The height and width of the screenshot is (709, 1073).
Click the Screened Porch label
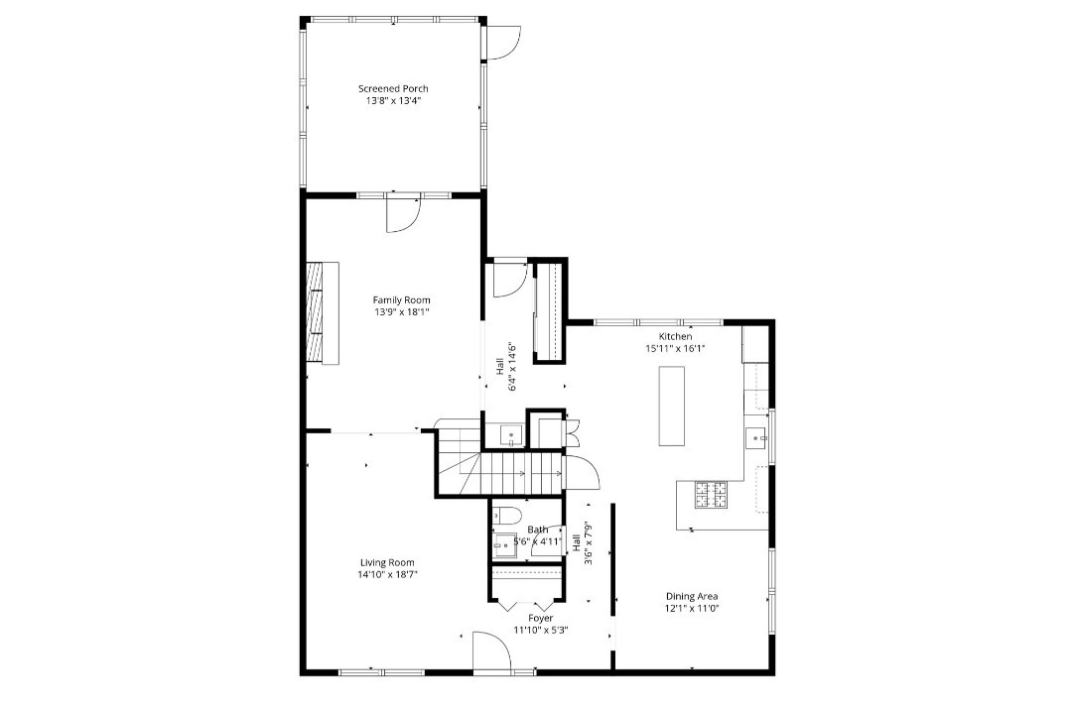point(394,88)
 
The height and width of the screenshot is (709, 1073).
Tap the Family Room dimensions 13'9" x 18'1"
point(402,312)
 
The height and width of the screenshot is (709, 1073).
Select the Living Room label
point(387,562)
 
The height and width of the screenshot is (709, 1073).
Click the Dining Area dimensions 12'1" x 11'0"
point(691,608)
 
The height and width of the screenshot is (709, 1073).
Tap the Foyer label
point(541,618)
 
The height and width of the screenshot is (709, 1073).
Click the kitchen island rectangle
point(672,406)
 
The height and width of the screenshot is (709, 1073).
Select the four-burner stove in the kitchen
point(711,492)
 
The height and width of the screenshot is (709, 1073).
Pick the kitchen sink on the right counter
point(757,436)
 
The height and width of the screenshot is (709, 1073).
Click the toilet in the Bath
point(505,516)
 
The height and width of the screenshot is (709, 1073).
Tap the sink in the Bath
point(505,541)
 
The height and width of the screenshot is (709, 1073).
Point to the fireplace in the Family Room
point(323,313)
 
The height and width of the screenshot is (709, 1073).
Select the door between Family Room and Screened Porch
point(403,214)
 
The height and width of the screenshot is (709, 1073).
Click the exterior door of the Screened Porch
point(502,41)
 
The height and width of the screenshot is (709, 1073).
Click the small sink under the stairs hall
point(510,434)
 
